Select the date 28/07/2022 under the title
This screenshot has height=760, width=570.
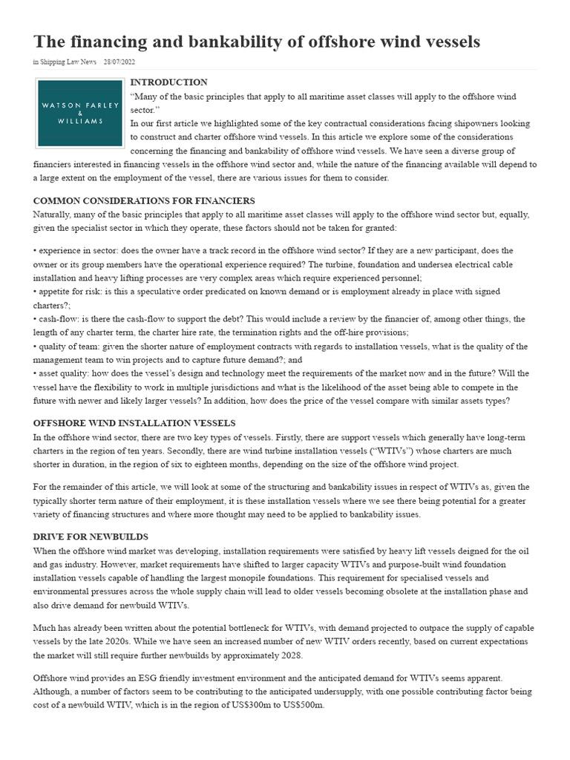[x=119, y=62]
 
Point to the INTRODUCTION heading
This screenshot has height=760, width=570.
[x=168, y=82]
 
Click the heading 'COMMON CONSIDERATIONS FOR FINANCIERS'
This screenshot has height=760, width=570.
[x=144, y=201]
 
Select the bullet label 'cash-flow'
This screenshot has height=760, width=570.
[x=58, y=319]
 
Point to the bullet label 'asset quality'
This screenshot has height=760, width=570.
[x=64, y=374]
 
